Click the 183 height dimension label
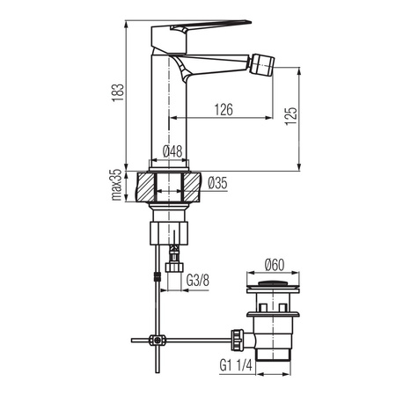(x=119, y=92)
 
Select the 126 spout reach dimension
(x=224, y=109)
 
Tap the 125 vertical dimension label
(x=291, y=116)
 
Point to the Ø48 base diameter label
(x=172, y=151)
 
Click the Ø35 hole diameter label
(x=217, y=183)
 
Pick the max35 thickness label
(x=116, y=185)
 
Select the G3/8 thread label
(x=198, y=281)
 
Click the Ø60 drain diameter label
(x=275, y=265)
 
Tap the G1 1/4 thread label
(x=236, y=365)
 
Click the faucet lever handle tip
(x=250, y=22)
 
